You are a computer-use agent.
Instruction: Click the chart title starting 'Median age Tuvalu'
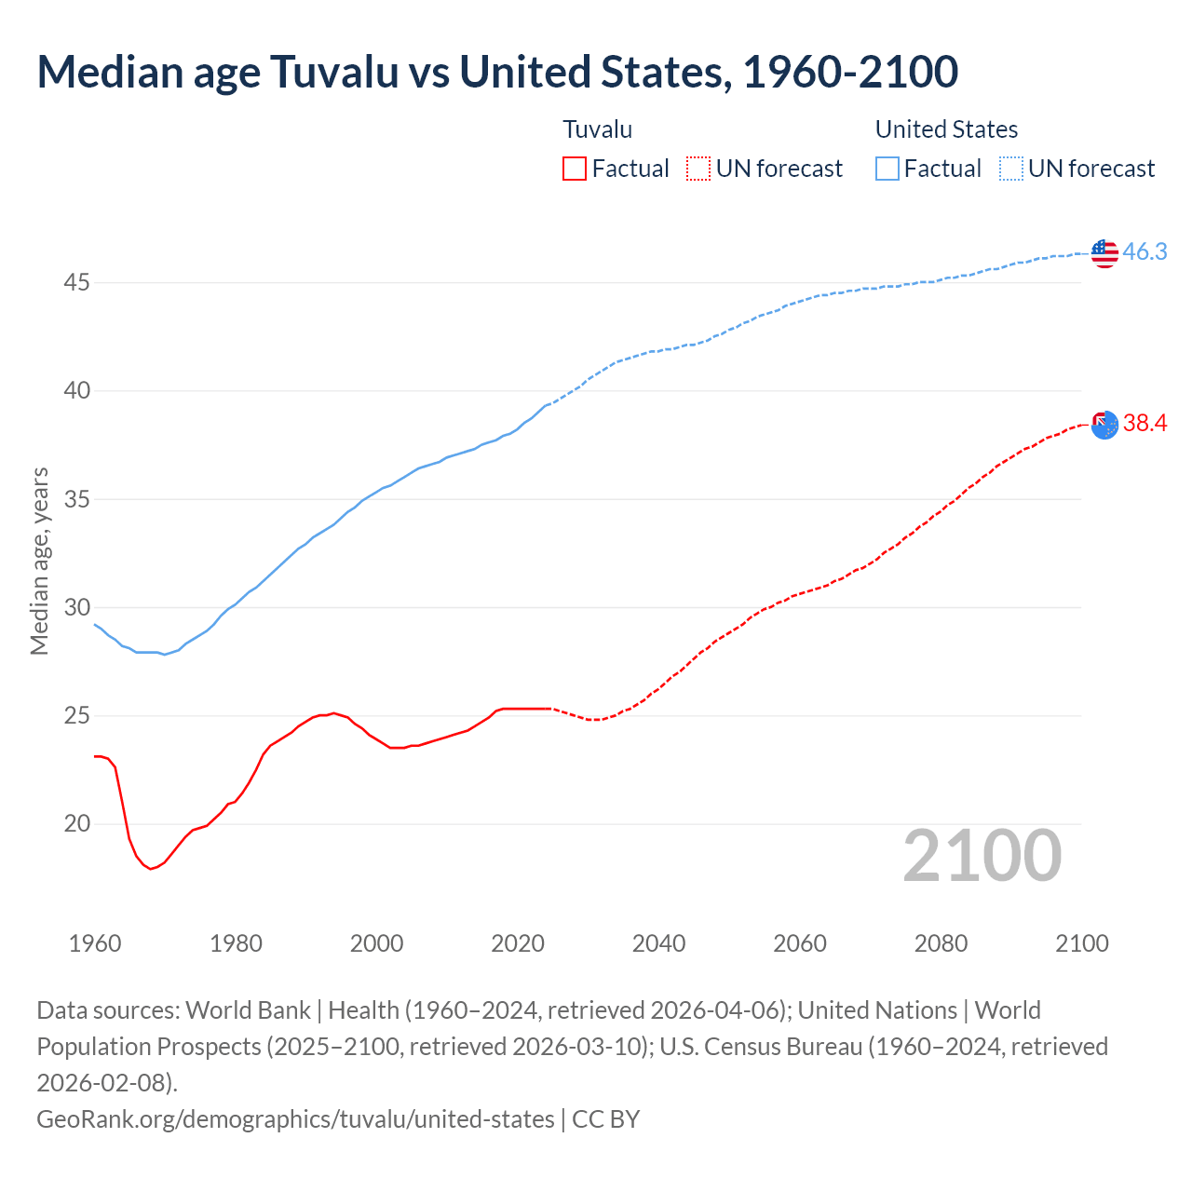(497, 73)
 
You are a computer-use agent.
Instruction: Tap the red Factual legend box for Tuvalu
(575, 169)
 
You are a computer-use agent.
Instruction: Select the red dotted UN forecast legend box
(698, 169)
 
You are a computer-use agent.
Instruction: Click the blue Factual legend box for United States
(887, 169)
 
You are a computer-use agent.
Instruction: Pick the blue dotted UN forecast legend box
(1010, 169)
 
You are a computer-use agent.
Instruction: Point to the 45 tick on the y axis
(76, 282)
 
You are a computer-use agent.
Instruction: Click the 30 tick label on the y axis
(76, 607)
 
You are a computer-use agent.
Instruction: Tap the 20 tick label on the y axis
(76, 824)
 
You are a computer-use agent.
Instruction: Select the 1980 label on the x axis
(236, 943)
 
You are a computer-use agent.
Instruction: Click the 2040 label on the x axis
(658, 943)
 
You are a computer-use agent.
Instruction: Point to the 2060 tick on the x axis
(800, 943)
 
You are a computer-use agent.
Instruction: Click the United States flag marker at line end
(1104, 253)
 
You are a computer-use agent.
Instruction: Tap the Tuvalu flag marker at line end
(1104, 425)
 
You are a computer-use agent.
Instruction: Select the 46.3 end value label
(1145, 252)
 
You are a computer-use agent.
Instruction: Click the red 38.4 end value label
(1145, 424)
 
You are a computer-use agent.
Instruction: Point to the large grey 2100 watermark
(982, 856)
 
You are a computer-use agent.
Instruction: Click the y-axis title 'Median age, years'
(39, 561)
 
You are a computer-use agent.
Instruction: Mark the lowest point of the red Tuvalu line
(150, 869)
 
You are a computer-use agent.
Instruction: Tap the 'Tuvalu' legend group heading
(598, 129)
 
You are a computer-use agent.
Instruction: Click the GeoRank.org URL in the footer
(295, 1118)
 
